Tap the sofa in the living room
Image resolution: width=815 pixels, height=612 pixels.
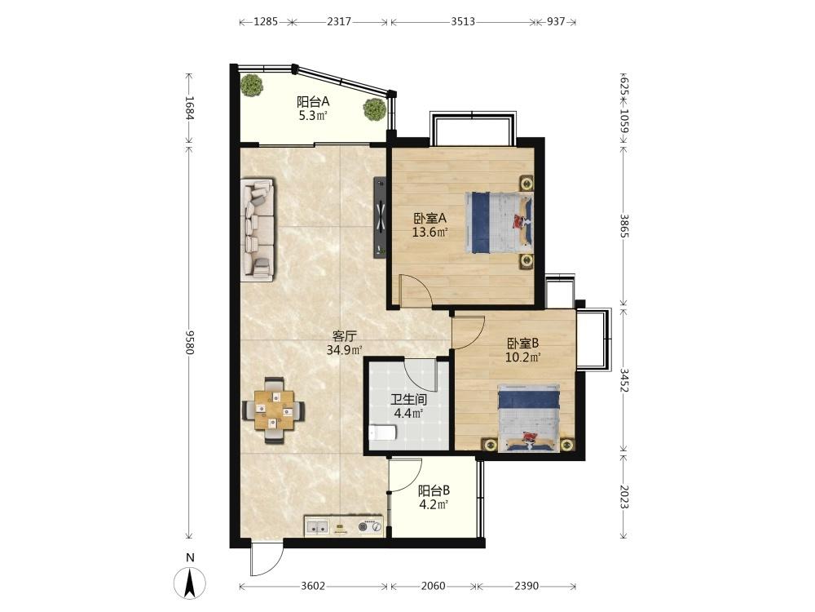[x=258, y=231]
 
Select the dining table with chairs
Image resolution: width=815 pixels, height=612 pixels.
[x=274, y=410]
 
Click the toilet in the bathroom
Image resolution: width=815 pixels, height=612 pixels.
[x=382, y=432]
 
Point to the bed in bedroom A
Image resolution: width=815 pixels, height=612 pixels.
[x=499, y=222]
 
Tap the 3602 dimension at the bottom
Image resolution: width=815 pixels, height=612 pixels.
[x=313, y=586]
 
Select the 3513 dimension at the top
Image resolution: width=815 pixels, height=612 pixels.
[x=463, y=22]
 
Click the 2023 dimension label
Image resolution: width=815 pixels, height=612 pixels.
[x=625, y=497]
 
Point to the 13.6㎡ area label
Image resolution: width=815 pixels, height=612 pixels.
[x=430, y=232]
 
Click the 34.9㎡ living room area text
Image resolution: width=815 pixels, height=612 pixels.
[x=344, y=350]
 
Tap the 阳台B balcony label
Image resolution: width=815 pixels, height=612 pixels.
[x=434, y=490]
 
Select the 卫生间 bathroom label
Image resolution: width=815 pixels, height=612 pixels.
[x=408, y=400]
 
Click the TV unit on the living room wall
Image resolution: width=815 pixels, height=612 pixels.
[x=381, y=218]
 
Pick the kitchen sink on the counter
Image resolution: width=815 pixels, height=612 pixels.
[x=317, y=527]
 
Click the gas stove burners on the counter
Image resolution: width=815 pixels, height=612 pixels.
[x=370, y=526]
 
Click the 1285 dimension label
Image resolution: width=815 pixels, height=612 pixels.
[x=266, y=22]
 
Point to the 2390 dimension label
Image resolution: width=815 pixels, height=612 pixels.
[x=526, y=586]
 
